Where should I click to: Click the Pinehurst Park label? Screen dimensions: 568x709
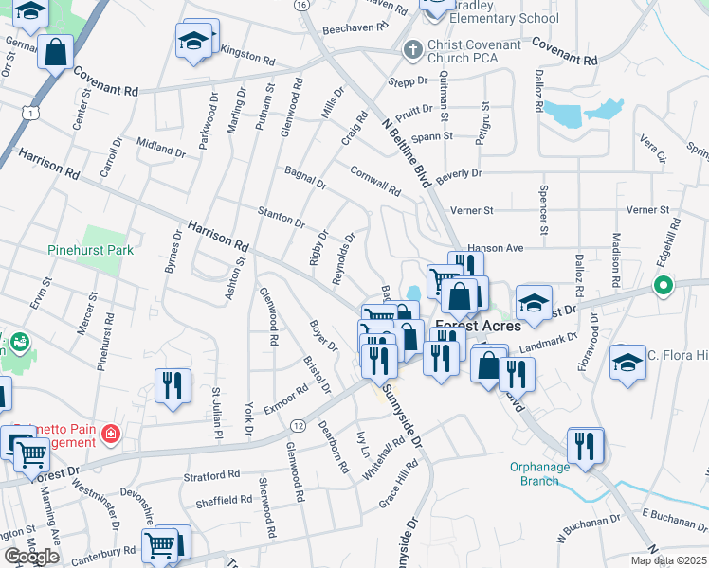tap(91, 251)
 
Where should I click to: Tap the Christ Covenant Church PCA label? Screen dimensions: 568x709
tap(474, 52)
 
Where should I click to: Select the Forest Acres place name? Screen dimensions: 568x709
tap(478, 326)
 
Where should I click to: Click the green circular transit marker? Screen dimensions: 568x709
tap(664, 284)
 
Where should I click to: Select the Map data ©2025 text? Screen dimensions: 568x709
tap(668, 560)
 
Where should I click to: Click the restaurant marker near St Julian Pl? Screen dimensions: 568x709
tap(173, 384)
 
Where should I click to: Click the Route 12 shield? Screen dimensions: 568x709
tap(297, 427)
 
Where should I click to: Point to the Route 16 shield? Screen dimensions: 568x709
tap(300, 5)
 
